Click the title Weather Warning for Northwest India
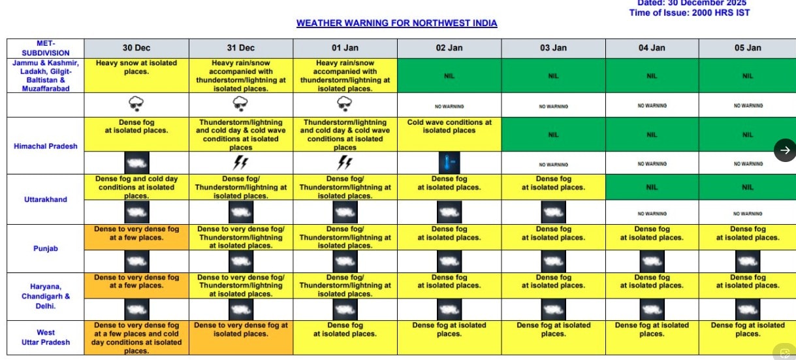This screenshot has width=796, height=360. [396, 23]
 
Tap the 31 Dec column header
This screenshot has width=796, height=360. [241, 48]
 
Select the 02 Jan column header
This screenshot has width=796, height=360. [449, 48]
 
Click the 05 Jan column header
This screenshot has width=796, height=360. [748, 48]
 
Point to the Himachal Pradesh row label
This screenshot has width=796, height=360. [45, 146]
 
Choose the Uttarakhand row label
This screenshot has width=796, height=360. [45, 199]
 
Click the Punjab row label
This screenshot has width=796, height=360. [45, 248]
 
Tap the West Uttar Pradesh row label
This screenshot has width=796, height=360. [45, 337]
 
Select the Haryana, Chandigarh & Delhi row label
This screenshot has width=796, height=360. [45, 296]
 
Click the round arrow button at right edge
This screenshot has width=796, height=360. [785, 150]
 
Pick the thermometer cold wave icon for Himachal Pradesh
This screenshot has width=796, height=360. [449, 163]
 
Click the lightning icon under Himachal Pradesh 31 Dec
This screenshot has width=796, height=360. [241, 163]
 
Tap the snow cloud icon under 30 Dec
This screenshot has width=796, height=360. [136, 104]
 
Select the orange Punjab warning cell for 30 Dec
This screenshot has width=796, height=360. [136, 237]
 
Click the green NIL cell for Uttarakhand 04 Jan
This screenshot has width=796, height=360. [652, 187]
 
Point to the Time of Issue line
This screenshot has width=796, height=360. [690, 13]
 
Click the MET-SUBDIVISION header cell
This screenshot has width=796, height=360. [45, 48]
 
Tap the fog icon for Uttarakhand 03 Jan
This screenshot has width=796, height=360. [553, 212]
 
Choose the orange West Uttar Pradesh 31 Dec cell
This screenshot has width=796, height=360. [241, 337]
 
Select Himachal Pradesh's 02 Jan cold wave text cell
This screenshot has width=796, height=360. [449, 134]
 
